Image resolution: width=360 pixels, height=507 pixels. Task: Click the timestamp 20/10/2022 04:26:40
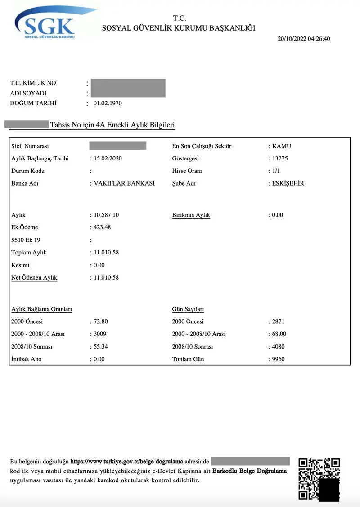tap(304, 39)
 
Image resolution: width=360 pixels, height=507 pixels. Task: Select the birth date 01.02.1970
tap(108, 103)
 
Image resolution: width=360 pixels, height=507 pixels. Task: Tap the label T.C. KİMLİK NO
tap(33, 83)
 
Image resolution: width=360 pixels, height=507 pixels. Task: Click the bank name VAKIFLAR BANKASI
tap(124, 183)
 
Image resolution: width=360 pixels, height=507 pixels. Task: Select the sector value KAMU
tap(282, 146)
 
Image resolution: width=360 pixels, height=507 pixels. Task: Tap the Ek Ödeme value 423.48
tap(102, 227)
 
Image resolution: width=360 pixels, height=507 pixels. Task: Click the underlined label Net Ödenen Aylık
tap(34, 278)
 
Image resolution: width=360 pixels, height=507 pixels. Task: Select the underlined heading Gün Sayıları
tap(188, 309)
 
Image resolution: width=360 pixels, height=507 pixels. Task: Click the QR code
tap(319, 479)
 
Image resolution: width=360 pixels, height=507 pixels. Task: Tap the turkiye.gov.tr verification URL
tap(127, 462)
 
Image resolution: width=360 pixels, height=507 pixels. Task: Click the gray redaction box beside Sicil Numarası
tap(118, 146)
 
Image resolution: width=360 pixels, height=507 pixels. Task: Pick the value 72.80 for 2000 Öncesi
tap(101, 321)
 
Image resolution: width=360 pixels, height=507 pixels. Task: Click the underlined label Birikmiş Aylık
tap(191, 215)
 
